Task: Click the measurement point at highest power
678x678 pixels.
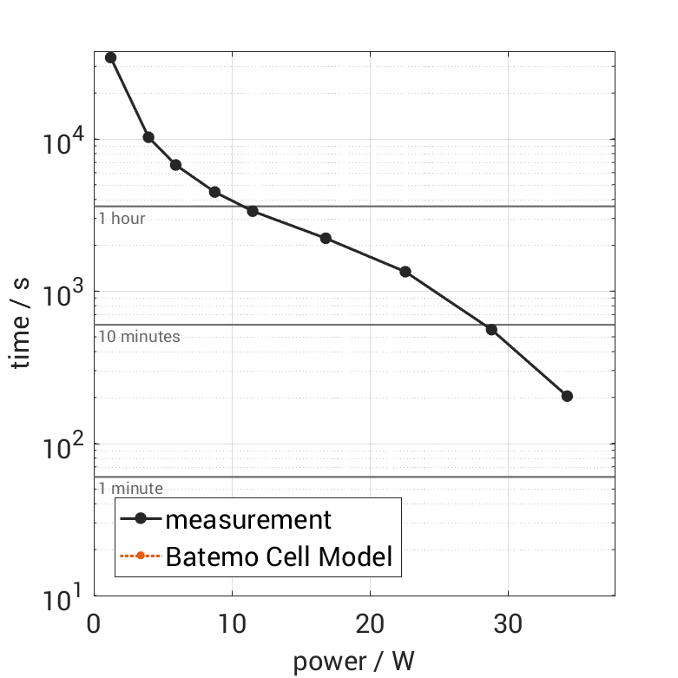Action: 567,396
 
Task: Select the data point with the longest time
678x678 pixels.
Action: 110,57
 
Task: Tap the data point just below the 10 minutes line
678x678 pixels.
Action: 491,329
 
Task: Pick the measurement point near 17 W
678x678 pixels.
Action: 326,238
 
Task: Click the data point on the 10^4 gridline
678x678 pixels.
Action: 148,137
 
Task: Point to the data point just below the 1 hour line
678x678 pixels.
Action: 253,211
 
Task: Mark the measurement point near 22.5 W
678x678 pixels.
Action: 405,272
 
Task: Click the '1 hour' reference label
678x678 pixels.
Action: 122,219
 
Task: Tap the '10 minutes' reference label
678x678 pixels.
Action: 139,337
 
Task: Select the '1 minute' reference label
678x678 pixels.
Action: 130,489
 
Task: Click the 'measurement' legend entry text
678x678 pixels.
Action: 248,520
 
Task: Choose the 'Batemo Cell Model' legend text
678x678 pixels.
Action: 279,556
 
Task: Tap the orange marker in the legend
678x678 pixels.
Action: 140,556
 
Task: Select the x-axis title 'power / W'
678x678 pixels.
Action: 354,662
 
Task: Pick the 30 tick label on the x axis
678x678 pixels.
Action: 508,624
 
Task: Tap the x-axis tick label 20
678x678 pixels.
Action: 371,624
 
